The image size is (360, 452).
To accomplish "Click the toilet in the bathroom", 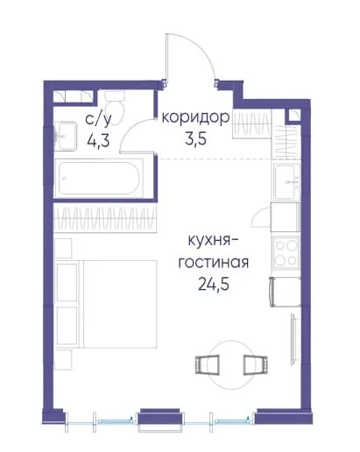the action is (x=115, y=107).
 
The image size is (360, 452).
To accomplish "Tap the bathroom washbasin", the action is (x=66, y=136).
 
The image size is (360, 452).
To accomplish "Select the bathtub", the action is (x=99, y=178).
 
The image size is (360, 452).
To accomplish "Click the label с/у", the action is (x=98, y=119).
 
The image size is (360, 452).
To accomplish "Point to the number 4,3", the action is (x=98, y=140).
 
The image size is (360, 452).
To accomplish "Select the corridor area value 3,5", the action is (x=195, y=138).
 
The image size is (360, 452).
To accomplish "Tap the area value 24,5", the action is (x=214, y=284).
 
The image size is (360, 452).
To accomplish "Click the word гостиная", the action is (x=214, y=263).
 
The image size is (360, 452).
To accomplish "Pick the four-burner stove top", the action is (x=286, y=253).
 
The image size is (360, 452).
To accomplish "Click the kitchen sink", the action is (x=286, y=181).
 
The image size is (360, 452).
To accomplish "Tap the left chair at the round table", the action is (x=207, y=364).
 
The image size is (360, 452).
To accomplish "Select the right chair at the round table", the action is (x=256, y=364).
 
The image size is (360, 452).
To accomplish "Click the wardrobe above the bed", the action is (x=105, y=218).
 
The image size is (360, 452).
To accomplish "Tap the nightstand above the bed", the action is (x=63, y=248).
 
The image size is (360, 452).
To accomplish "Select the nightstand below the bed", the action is (x=63, y=360).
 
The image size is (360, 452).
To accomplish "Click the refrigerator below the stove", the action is (x=286, y=292).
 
